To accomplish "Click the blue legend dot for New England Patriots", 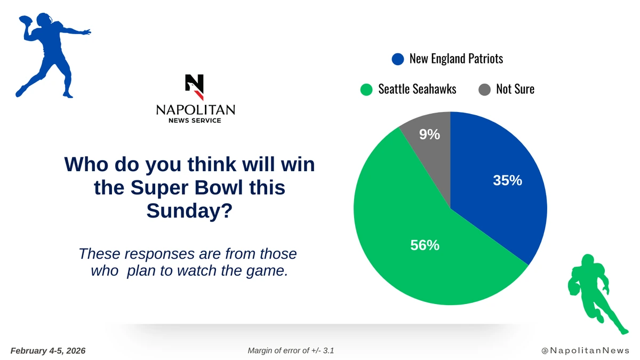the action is [398, 59].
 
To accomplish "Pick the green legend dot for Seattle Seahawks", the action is [366, 90].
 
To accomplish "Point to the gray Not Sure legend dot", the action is [485, 90].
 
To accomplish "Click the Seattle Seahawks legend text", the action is [417, 89].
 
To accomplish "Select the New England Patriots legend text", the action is [457, 59].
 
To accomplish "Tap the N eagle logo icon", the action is [195, 87].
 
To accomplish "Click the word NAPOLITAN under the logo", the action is [196, 110].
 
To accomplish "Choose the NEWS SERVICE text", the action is [195, 121].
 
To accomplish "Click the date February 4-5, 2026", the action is [48, 351].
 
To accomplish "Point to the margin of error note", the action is [291, 350].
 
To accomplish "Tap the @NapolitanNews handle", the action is [586, 350].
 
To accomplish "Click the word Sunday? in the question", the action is [190, 211].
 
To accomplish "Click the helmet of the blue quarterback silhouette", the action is [45, 19].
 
